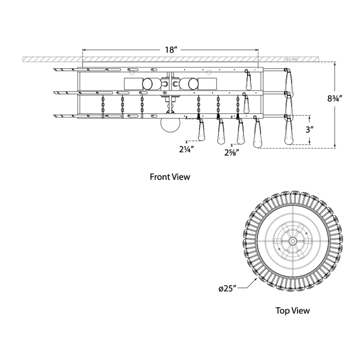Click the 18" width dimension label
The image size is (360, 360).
170,50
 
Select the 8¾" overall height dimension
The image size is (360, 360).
334,98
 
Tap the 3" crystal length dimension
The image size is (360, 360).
309,130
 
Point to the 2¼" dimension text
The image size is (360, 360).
186,149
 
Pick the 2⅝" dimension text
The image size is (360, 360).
232,152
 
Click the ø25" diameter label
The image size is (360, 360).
227,288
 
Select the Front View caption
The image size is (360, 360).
170,177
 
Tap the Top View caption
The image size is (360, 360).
292,310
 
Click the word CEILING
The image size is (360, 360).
290,59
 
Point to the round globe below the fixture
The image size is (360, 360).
170,124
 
